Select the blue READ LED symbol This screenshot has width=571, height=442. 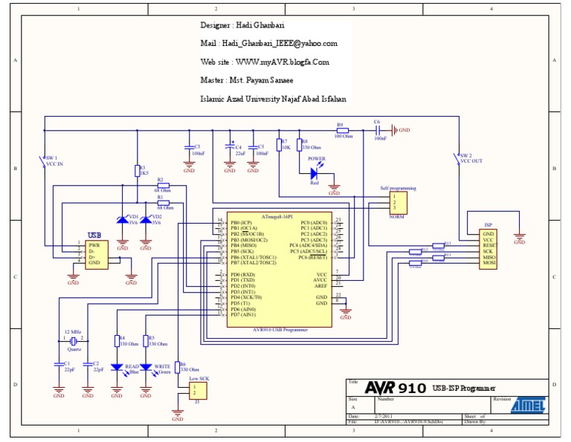click(117, 367)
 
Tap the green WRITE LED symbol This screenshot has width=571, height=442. click(146, 367)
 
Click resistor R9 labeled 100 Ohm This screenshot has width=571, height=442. click(342, 130)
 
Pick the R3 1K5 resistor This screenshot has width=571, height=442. click(137, 171)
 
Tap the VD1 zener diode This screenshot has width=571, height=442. click(123, 220)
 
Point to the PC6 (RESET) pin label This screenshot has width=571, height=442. click(313, 257)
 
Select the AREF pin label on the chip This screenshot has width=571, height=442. click(320, 285)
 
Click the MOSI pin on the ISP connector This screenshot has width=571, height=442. click(489, 263)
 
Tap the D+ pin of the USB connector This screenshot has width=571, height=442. click(94, 257)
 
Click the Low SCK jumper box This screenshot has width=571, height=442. click(197, 390)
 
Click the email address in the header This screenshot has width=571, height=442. click(268, 44)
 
